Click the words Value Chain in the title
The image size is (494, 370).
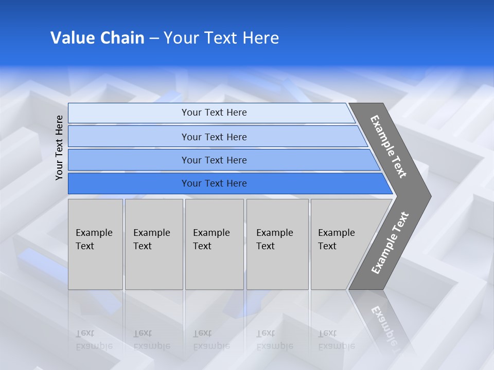97,38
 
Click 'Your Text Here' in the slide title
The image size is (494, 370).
221,38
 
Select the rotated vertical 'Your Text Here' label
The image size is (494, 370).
59,147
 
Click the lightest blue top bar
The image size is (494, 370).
214,113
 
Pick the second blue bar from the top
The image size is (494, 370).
214,137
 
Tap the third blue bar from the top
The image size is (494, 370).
214,160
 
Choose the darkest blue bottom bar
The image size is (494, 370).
214,183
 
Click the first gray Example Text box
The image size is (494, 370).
95,244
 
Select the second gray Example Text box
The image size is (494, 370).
153,244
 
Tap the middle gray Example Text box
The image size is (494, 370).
214,244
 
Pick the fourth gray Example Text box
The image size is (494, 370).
277,244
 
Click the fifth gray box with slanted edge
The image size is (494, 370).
340,244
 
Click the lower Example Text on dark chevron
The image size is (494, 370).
390,243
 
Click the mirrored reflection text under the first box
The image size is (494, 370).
94,340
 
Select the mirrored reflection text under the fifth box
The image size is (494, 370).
336,340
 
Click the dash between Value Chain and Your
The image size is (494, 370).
154,39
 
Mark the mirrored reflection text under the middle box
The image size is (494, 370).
211,340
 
